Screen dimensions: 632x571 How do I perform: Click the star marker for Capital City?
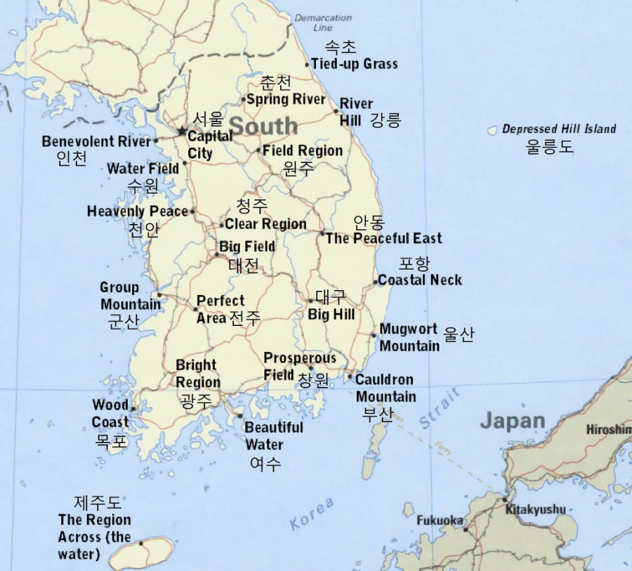(x=182, y=131)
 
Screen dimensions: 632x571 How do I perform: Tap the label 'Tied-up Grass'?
(x=354, y=64)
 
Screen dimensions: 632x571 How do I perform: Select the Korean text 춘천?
(x=275, y=83)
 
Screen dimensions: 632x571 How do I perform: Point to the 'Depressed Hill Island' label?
(x=559, y=129)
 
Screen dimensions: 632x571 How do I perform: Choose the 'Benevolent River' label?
(x=96, y=141)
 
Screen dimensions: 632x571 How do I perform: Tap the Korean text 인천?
(x=72, y=158)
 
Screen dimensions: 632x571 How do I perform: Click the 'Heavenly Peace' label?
(x=138, y=211)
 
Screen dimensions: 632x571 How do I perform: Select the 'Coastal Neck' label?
(x=420, y=280)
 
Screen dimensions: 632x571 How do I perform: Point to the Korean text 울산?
(x=459, y=334)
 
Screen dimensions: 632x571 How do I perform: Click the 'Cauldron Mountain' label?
(x=386, y=388)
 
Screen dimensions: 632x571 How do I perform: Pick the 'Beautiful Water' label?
(x=273, y=435)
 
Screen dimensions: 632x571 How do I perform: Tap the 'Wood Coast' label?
(x=110, y=413)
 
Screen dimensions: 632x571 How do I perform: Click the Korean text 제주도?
(x=98, y=503)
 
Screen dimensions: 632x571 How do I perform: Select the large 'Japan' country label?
(x=512, y=421)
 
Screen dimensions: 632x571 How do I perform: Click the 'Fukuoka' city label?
(x=440, y=520)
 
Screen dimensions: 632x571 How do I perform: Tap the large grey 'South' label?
(x=263, y=126)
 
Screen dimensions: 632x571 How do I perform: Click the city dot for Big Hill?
(x=310, y=301)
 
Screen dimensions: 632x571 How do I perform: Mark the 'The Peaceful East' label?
(x=383, y=238)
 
